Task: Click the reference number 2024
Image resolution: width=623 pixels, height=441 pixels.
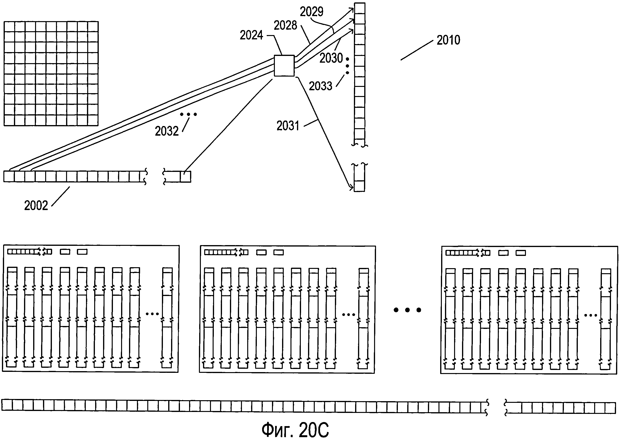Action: (x=251, y=35)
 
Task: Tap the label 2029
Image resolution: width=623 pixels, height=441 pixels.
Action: (x=311, y=12)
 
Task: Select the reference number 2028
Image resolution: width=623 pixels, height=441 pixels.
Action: (x=285, y=25)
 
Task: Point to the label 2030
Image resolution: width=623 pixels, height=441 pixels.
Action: (x=331, y=58)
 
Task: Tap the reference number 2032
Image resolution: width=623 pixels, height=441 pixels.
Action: (x=167, y=131)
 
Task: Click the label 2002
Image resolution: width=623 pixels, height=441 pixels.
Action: (x=36, y=205)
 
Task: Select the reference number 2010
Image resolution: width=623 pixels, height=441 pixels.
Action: (x=448, y=40)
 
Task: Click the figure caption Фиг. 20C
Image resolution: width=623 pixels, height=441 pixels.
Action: (x=295, y=429)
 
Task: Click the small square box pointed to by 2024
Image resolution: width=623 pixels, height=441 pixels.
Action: (x=284, y=66)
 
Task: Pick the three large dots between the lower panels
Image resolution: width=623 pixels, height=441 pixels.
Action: (x=407, y=310)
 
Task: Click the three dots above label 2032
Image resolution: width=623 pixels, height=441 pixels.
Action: (x=188, y=114)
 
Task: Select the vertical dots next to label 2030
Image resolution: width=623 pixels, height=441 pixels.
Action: (x=347, y=66)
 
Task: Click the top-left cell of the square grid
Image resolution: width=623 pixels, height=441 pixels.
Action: (x=9, y=27)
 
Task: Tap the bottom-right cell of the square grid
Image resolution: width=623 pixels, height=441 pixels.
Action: (x=93, y=120)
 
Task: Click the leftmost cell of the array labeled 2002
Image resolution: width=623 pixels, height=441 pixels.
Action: (x=9, y=176)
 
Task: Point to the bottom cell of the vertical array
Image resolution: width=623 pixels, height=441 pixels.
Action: (x=359, y=186)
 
